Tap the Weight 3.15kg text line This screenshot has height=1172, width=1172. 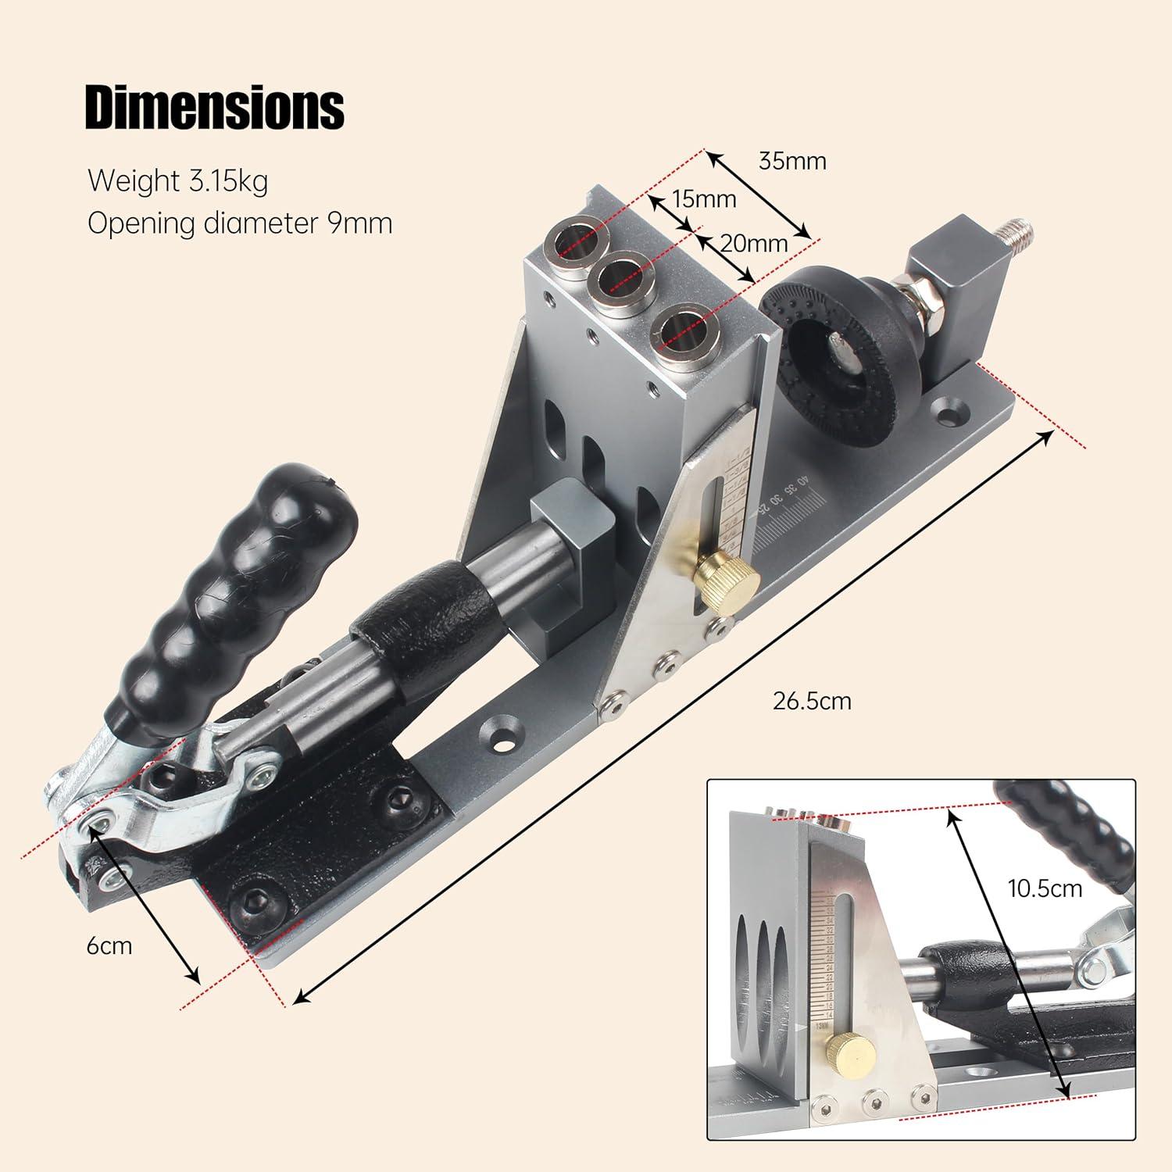pyautogui.click(x=178, y=180)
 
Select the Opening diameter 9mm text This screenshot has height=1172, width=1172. pyautogui.click(x=240, y=223)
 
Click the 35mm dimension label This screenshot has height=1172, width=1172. pyautogui.click(x=792, y=161)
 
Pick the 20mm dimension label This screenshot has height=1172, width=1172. pyautogui.click(x=753, y=243)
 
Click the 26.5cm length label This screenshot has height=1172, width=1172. pyautogui.click(x=812, y=701)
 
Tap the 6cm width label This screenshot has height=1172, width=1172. pyautogui.click(x=109, y=945)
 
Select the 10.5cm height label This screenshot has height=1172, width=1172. pyautogui.click(x=1043, y=888)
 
